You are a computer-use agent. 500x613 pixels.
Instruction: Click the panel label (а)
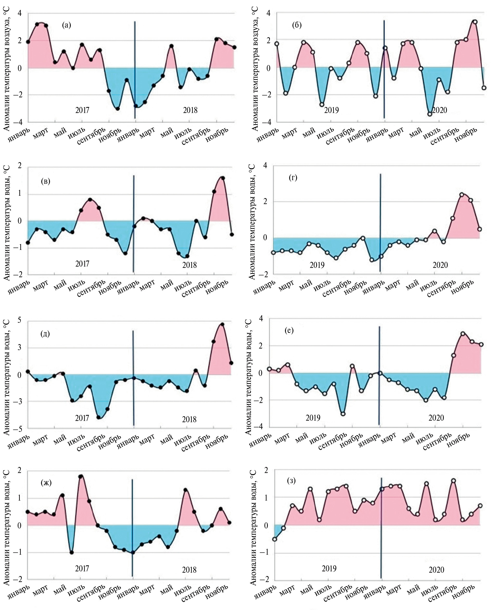(x=66, y=25)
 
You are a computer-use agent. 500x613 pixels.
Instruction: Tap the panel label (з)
(x=291, y=481)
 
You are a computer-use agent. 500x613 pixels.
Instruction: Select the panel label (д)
(x=45, y=334)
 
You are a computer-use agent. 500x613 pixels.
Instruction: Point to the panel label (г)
(x=293, y=178)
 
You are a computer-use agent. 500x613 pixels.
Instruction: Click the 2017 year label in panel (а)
(x=82, y=110)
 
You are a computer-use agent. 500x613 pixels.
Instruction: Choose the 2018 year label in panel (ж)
(x=189, y=570)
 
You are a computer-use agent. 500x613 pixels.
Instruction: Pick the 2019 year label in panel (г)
(x=317, y=265)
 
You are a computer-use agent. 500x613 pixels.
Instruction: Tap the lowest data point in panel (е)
(x=343, y=414)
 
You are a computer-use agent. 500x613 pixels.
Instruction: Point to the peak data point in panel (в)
(x=223, y=178)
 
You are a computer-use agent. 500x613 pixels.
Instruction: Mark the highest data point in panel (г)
(x=462, y=194)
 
